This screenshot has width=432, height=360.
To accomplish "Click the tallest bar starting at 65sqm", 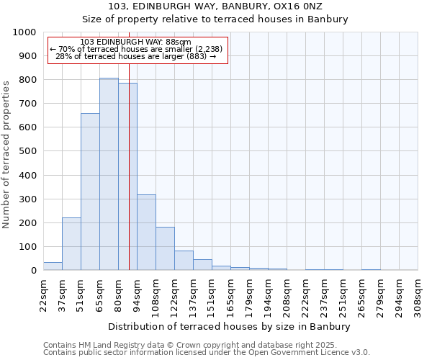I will tap(109, 174).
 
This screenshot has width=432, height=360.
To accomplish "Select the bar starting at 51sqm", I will tap(90, 192).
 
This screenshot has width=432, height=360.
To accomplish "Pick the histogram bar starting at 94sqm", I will tap(146, 233).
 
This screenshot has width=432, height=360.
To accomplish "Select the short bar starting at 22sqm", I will tap(53, 266).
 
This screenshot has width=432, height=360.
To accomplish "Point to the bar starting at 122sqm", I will tap(184, 261).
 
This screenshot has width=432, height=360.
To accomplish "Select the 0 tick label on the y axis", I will tap(33, 271).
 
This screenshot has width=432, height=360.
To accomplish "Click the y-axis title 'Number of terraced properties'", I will tap(6, 154).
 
